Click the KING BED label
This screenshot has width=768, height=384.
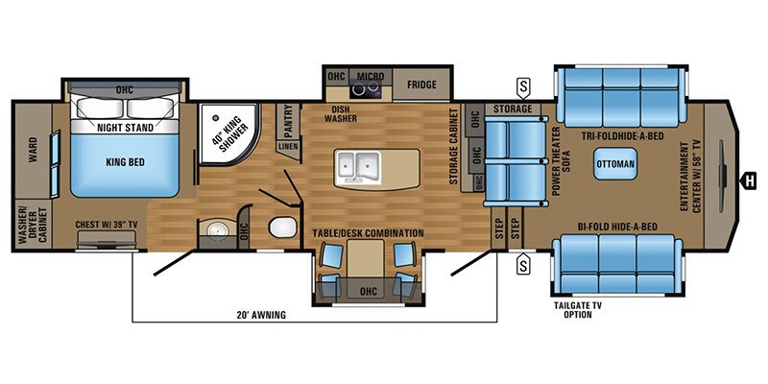(124, 163)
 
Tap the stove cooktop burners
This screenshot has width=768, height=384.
(365, 90)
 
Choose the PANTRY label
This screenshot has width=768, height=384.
(287, 121)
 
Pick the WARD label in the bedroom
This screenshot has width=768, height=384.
(33, 151)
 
